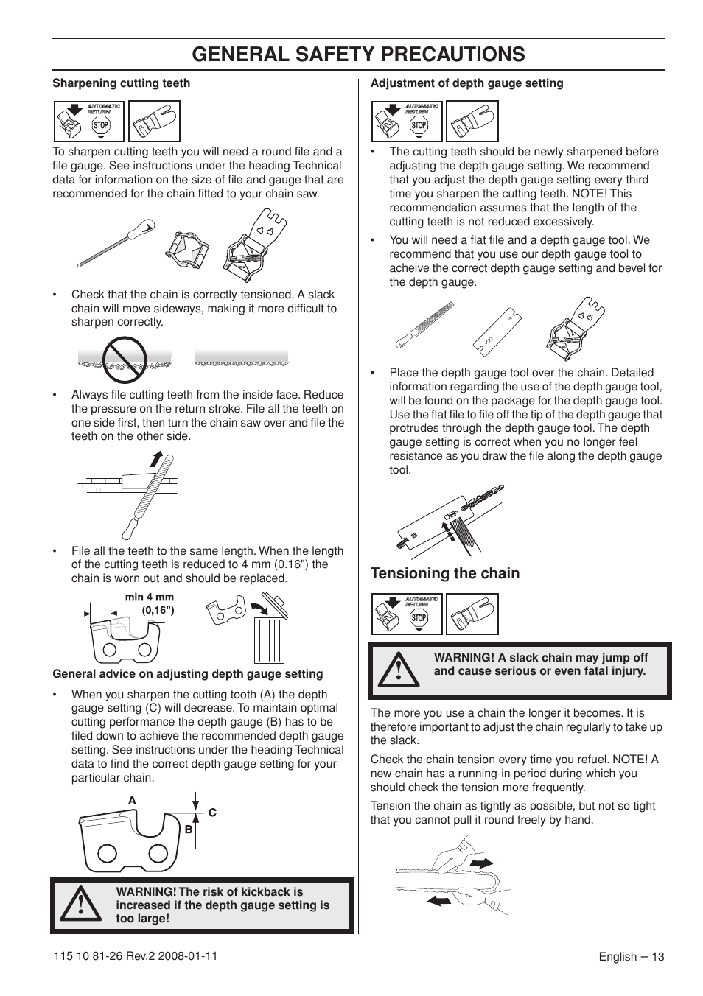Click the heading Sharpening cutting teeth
[x=121, y=83]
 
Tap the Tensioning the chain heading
[x=444, y=573]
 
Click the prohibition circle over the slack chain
[x=124, y=360]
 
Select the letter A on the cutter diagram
[x=132, y=801]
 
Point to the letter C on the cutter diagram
[x=212, y=812]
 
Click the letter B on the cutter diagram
[x=188, y=829]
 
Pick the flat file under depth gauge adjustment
[x=423, y=325]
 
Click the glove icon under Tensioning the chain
[x=472, y=614]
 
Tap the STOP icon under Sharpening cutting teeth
[x=101, y=125]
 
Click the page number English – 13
[x=631, y=957]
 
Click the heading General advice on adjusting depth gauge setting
[x=187, y=673]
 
